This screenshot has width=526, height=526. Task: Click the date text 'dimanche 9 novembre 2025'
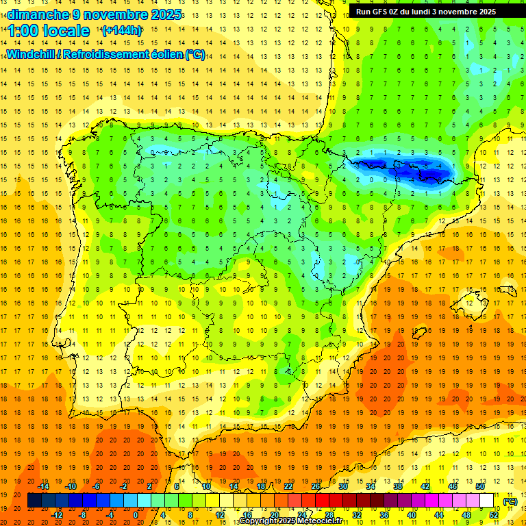(95, 14)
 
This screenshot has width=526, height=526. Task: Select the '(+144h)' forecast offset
(122, 31)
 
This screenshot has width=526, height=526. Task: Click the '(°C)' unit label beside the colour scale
(510, 501)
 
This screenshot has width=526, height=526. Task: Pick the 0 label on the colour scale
(136, 515)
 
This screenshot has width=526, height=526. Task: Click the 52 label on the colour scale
(494, 515)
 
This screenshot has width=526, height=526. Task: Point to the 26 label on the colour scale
(316, 486)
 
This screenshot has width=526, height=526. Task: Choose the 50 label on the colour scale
(480, 486)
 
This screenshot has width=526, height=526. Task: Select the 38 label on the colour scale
(398, 486)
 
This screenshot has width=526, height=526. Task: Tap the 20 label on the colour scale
(275, 515)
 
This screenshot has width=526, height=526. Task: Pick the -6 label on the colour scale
(97, 486)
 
